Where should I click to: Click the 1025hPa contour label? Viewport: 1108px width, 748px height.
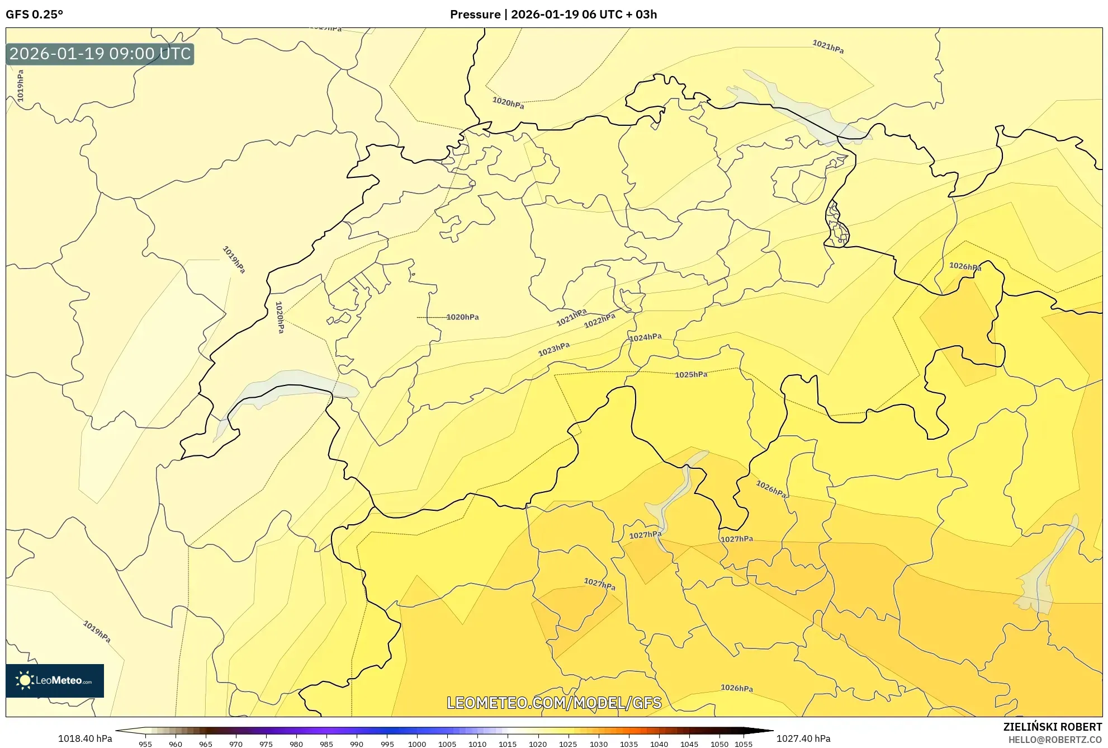[690, 374]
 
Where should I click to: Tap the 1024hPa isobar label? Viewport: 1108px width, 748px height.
[645, 337]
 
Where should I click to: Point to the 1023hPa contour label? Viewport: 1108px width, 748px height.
[553, 349]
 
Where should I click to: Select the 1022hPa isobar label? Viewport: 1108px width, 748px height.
[599, 321]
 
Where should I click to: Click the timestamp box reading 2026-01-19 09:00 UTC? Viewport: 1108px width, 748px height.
[100, 54]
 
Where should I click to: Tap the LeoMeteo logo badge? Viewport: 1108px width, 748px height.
[55, 680]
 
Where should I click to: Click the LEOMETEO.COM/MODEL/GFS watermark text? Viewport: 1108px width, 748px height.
[554, 703]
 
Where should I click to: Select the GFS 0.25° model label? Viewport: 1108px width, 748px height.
[34, 15]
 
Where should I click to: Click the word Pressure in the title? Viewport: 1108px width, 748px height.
[475, 15]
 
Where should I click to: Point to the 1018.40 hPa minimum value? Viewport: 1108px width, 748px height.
[85, 738]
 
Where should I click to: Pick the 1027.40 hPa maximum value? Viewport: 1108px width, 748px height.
[803, 738]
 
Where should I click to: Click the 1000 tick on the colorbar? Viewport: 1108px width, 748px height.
[417, 744]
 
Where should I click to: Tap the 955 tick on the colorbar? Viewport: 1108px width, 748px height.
[145, 744]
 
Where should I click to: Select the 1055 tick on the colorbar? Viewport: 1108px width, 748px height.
[744, 744]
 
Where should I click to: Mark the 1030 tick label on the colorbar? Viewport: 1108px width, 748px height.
[598, 744]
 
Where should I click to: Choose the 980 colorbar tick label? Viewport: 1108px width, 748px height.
[296, 744]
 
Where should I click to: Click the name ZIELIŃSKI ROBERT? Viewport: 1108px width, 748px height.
[1053, 727]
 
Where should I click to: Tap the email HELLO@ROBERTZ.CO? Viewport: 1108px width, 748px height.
[1055, 740]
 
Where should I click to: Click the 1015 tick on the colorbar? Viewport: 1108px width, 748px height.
[508, 744]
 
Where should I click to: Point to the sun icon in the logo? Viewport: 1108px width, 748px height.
[25, 680]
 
